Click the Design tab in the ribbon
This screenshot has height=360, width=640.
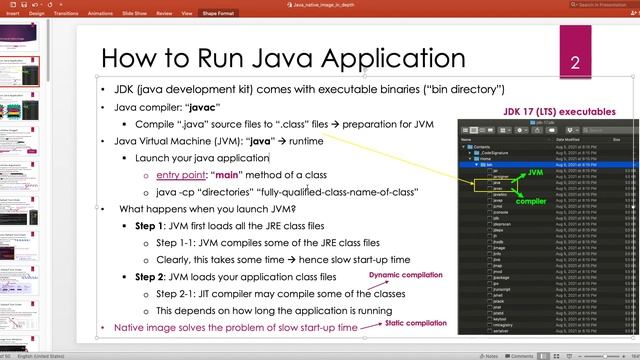36,15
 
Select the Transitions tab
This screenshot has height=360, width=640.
67,15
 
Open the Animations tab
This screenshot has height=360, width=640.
102,15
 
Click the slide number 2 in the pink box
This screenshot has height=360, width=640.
575,64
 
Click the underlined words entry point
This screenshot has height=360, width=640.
181,175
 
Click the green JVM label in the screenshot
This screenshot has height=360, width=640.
535,172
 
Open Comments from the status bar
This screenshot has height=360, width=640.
521,355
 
